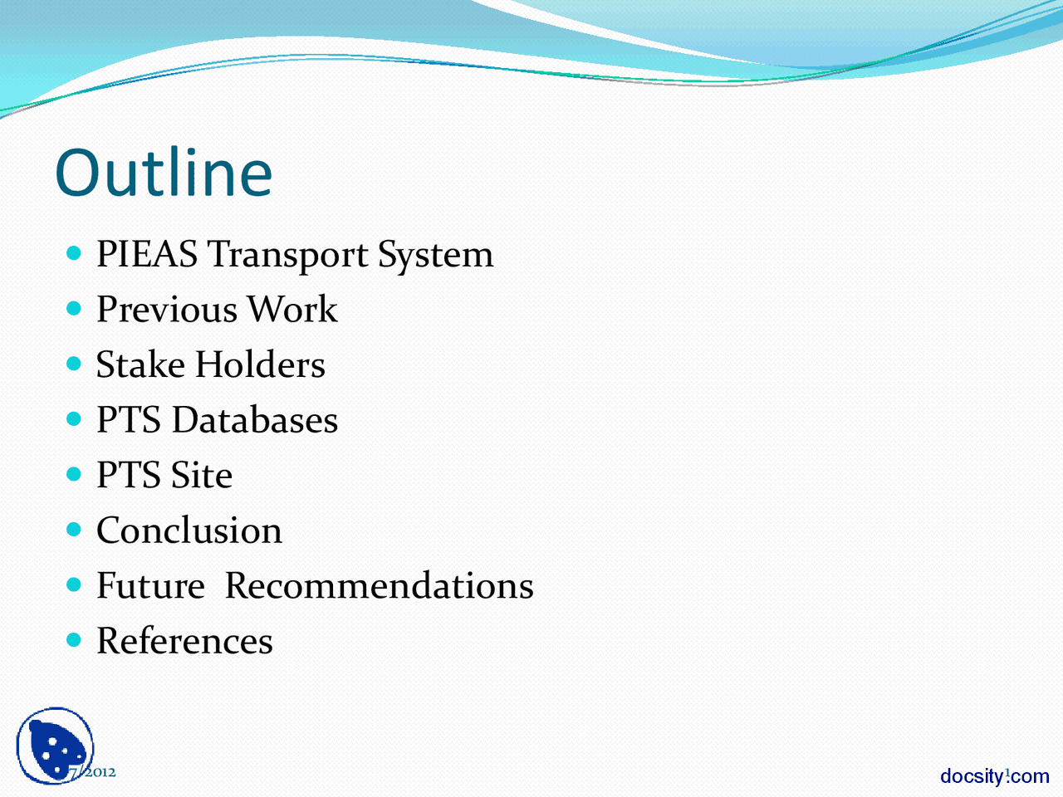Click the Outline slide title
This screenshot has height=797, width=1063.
[x=164, y=173]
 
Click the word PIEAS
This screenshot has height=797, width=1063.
[x=146, y=254]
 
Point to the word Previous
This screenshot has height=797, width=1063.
[x=166, y=310]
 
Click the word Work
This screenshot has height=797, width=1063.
[x=292, y=310]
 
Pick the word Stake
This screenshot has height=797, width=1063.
[x=140, y=365]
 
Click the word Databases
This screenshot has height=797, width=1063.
[x=255, y=420]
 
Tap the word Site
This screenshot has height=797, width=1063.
[x=201, y=476]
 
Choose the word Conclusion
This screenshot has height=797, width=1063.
[x=189, y=531]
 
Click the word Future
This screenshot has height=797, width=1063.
[x=150, y=586]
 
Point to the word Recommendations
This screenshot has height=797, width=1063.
[x=379, y=586]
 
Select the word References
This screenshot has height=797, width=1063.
[x=184, y=641]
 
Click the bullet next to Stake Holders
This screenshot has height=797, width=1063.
[x=75, y=364]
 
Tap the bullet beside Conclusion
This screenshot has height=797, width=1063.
[x=75, y=529]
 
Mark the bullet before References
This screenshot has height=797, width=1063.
[x=75, y=639]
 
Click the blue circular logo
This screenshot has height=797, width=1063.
[x=54, y=746]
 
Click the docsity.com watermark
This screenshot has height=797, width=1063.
[x=994, y=776]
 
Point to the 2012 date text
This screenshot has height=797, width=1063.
[x=93, y=772]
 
